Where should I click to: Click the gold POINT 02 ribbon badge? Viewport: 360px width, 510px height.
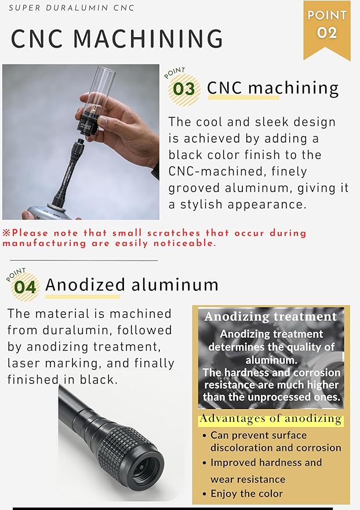coord(327,28)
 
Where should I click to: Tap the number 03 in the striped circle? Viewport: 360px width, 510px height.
coord(184,89)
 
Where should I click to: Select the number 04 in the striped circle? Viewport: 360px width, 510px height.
coord(25,287)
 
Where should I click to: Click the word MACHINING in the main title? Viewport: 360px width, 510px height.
coord(148,39)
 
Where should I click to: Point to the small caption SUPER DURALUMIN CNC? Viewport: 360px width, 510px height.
coord(71,8)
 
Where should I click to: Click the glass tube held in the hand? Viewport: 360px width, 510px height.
coord(101,92)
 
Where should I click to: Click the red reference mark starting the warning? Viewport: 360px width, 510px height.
coord(6,233)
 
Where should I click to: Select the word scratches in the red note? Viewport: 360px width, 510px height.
coord(174,233)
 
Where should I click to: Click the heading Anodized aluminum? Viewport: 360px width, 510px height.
coord(132,285)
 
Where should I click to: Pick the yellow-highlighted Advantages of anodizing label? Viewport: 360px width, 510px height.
coord(271,418)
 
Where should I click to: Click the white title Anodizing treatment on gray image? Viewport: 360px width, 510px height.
coord(271,316)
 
